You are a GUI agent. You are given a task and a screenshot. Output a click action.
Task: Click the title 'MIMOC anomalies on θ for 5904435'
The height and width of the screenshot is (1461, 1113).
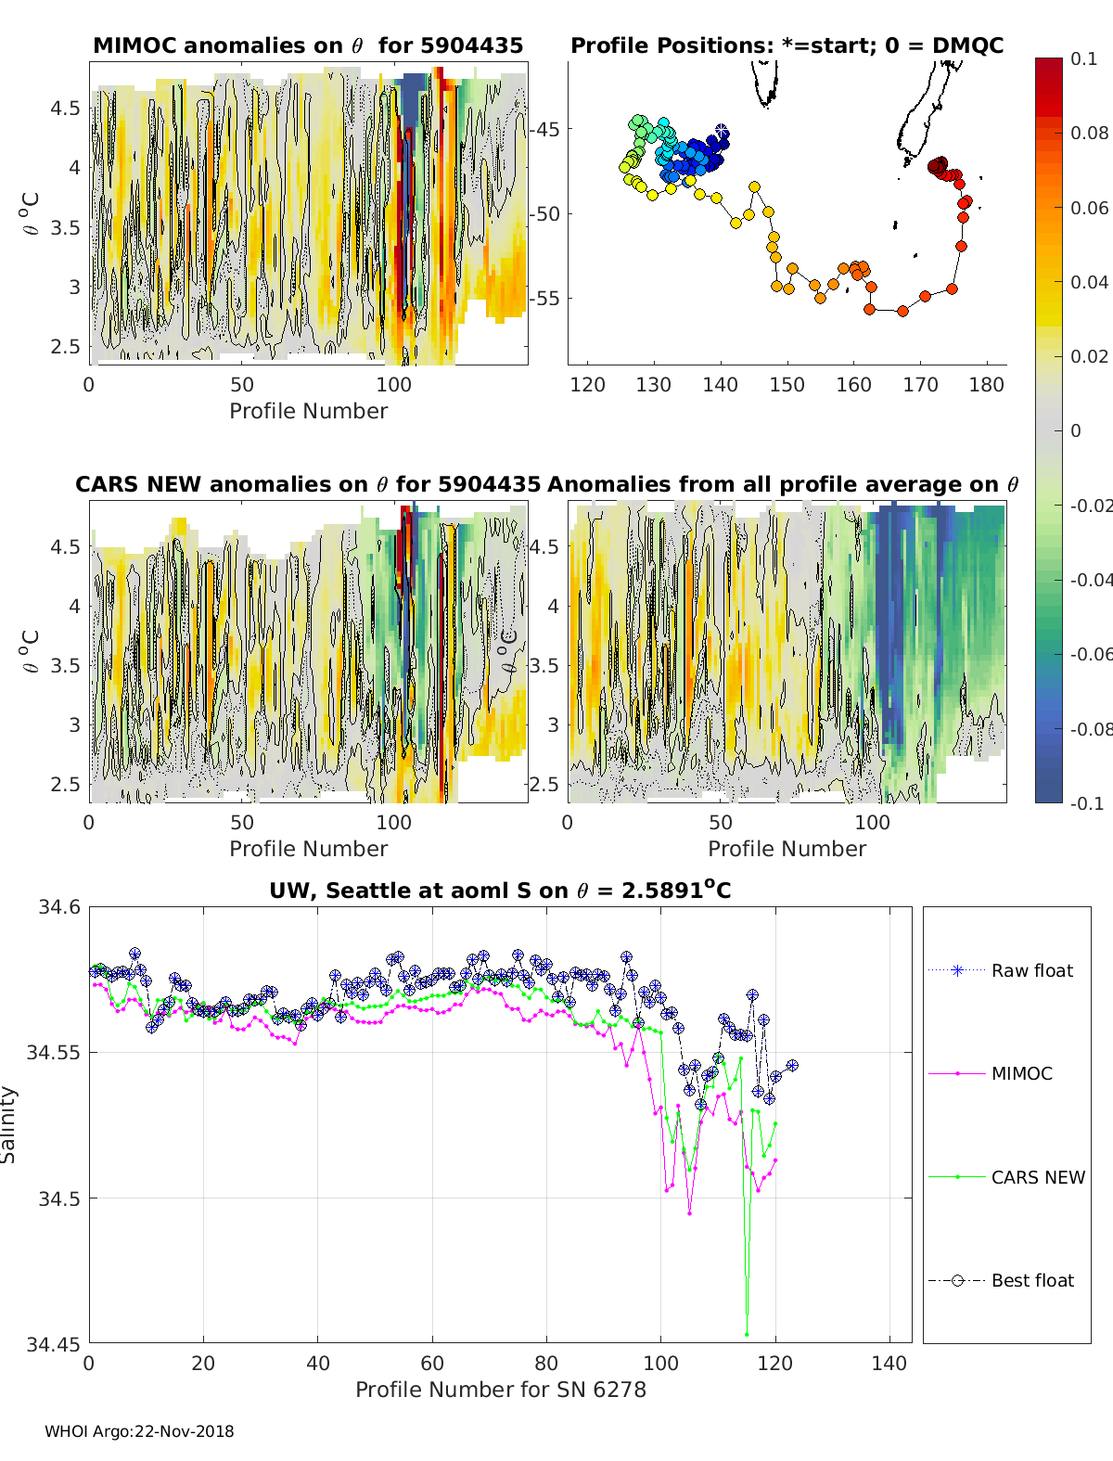pyautogui.click(x=308, y=45)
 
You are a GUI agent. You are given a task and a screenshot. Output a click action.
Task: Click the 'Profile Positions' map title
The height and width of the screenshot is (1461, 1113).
pyautogui.click(x=787, y=45)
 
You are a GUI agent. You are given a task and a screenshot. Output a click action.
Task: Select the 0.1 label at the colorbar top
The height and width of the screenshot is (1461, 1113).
pyautogui.click(x=1083, y=58)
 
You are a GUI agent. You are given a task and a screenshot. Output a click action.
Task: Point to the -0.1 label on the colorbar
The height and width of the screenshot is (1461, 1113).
pyautogui.click(x=1086, y=803)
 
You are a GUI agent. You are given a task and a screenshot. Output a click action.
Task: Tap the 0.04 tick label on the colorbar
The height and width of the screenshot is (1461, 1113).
pyautogui.click(x=1089, y=282)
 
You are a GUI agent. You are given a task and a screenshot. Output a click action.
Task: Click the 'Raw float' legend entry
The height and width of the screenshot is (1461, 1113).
pyautogui.click(x=1031, y=970)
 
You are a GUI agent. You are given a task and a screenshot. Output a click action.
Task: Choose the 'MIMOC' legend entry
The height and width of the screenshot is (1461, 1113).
pyautogui.click(x=1021, y=1073)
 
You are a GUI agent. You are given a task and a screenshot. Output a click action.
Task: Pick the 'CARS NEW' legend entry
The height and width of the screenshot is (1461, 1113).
pyautogui.click(x=1038, y=1177)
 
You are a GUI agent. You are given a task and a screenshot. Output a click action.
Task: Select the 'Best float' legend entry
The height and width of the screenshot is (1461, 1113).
pyautogui.click(x=1032, y=1280)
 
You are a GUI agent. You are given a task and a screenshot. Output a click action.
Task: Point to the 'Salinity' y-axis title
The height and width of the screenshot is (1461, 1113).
pyautogui.click(x=8, y=1124)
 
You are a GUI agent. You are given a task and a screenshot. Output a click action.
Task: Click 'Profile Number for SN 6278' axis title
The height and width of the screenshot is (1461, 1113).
pyautogui.click(x=501, y=1390)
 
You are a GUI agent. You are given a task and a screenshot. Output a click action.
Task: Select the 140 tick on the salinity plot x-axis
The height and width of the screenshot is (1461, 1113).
pyautogui.click(x=889, y=1363)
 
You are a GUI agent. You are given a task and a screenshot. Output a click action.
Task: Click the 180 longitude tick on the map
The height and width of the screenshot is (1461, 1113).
pyautogui.click(x=987, y=385)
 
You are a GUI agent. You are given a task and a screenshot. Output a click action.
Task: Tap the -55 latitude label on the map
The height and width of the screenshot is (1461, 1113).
pyautogui.click(x=545, y=299)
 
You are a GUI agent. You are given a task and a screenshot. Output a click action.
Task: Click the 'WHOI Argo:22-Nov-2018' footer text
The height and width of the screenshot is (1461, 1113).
pyautogui.click(x=139, y=1431)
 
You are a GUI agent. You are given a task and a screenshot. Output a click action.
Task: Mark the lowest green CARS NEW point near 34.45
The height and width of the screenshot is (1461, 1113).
pyautogui.click(x=747, y=1334)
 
